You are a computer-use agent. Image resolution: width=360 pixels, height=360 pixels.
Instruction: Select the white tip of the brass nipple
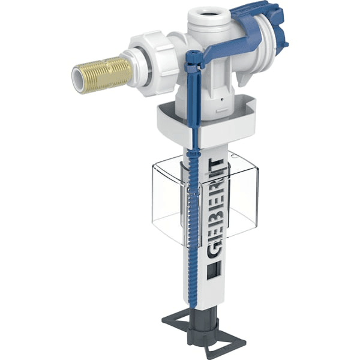tap(79, 80)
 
